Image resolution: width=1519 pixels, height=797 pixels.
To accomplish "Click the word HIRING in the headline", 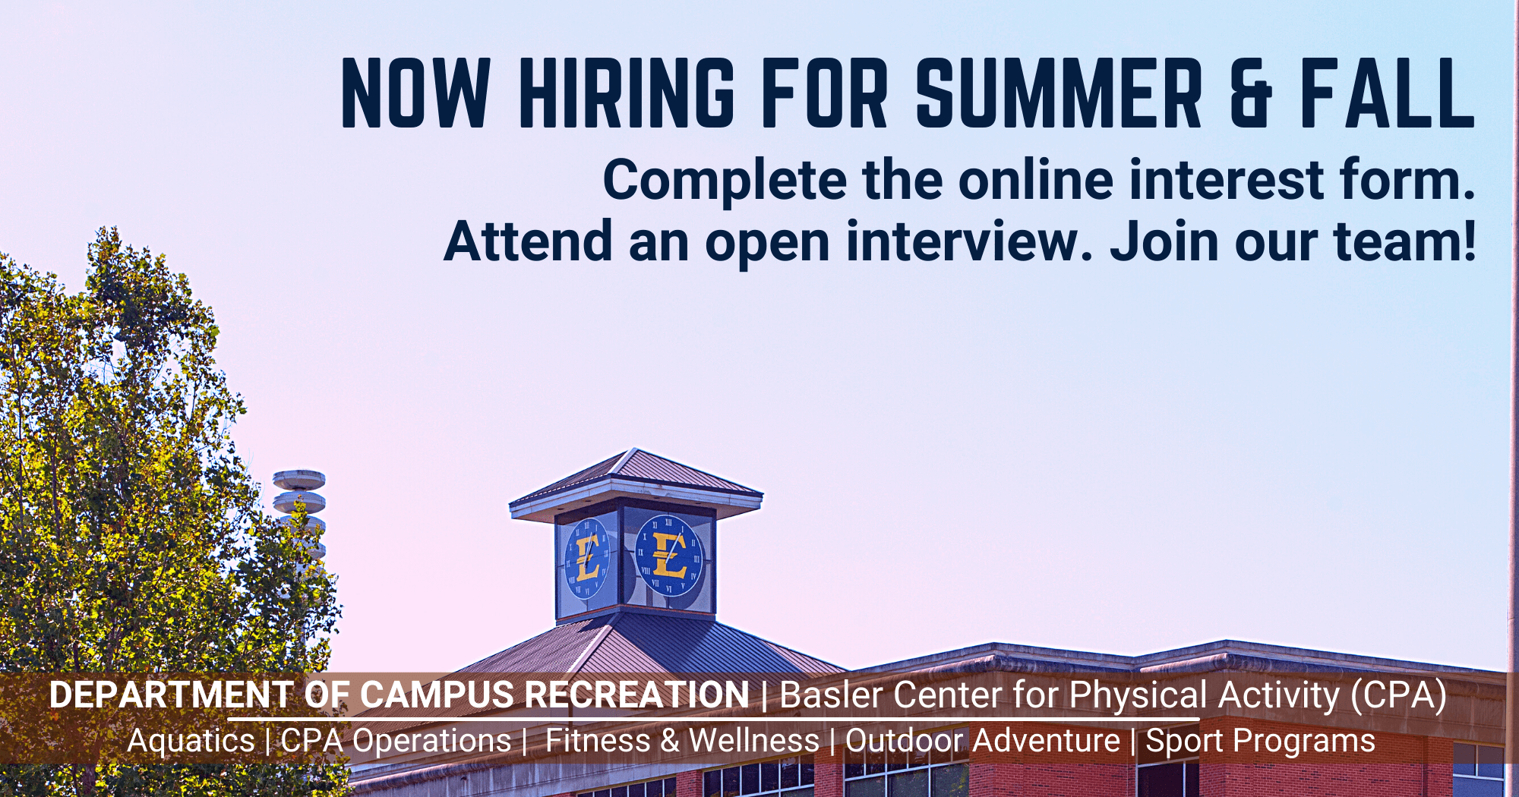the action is [627, 93].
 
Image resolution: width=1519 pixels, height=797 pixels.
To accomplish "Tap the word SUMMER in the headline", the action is [1060, 93].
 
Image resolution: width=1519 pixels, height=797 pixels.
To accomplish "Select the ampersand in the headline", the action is [1251, 93].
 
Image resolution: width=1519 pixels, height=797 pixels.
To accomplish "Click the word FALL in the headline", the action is [1388, 93].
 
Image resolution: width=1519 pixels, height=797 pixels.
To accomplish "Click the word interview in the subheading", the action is [970, 241].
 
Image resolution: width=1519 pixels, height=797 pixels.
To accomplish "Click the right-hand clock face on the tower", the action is [669, 556].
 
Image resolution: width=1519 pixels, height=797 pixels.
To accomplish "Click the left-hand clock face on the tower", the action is [587, 559].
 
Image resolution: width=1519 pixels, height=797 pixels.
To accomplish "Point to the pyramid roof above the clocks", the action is [636, 484].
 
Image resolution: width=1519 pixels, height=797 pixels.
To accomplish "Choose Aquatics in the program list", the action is [191, 742].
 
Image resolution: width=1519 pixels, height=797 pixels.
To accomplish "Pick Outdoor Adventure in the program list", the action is [983, 741].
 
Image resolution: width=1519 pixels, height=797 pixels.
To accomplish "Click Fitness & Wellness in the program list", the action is [682, 741].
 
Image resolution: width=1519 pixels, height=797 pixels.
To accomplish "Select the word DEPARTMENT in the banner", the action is [171, 695].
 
